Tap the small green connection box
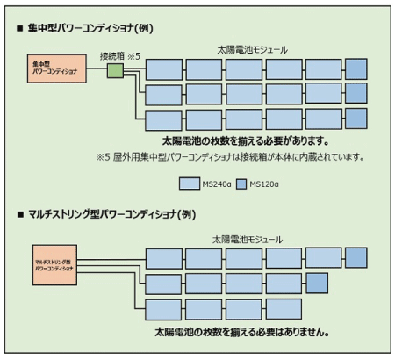(116, 70)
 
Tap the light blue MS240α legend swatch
(189, 184)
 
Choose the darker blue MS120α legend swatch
(238, 184)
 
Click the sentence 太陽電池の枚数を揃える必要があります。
(246, 140)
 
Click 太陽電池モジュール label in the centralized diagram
(250, 49)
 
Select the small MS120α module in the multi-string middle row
(316, 283)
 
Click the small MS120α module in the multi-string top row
(355, 257)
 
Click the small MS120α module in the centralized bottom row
(355, 119)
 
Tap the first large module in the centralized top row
(163, 68)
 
